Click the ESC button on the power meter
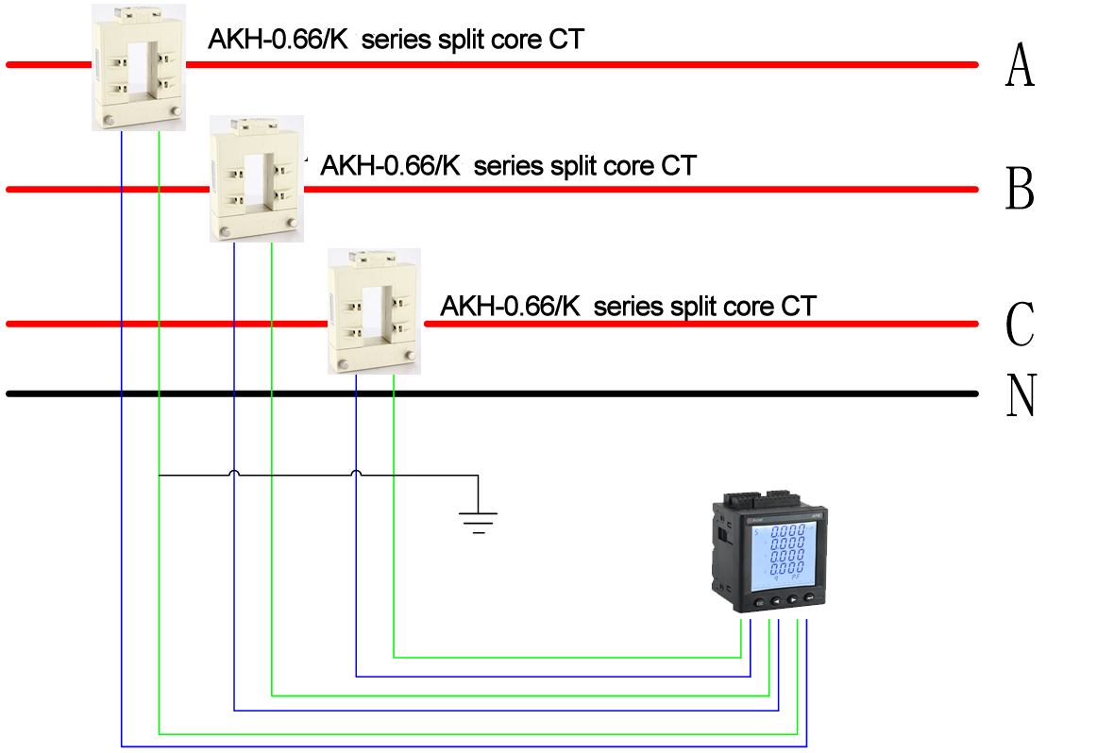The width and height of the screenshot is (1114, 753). click(759, 602)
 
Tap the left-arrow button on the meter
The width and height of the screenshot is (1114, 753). click(776, 599)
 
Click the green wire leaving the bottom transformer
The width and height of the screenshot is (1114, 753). click(394, 519)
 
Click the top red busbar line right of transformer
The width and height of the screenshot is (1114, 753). click(566, 65)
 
